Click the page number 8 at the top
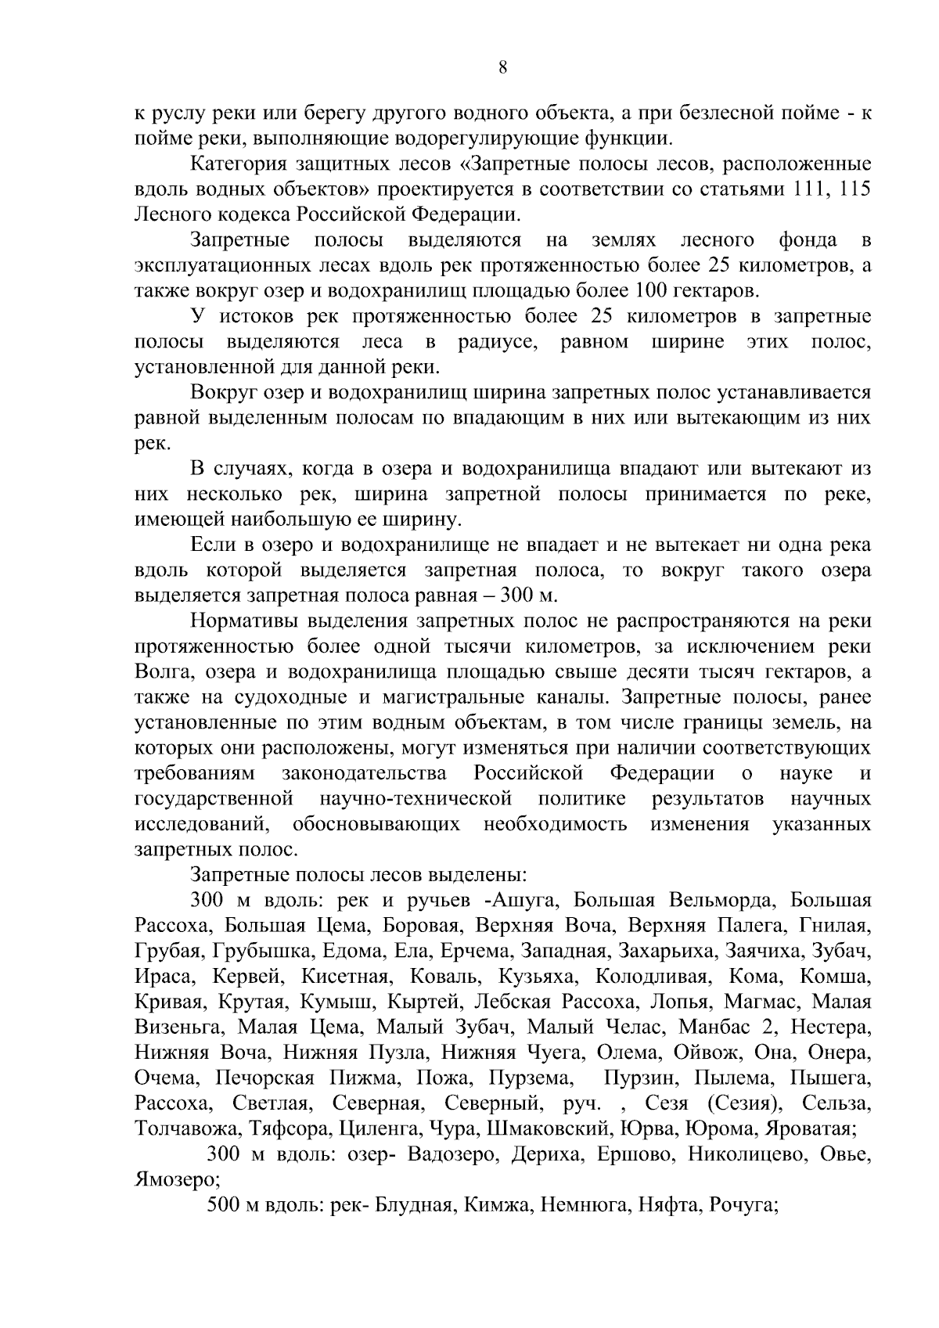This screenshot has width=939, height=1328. click(x=502, y=68)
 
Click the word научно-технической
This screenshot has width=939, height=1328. click(x=415, y=799)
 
